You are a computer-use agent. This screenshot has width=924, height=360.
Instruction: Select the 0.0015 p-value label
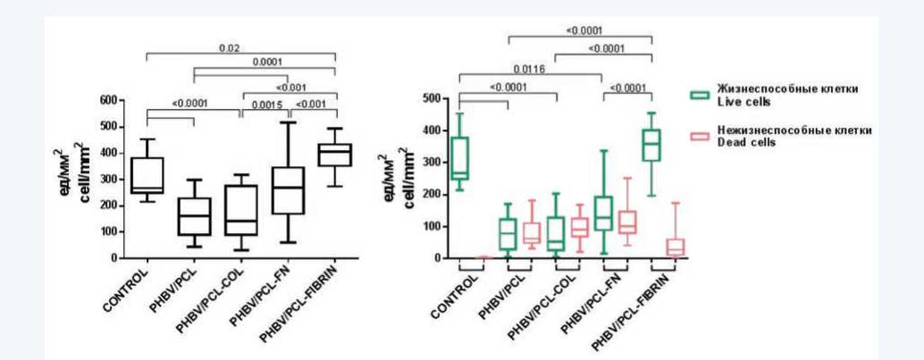click(265, 105)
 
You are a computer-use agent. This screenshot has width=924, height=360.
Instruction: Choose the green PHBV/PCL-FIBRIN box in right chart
click(652, 145)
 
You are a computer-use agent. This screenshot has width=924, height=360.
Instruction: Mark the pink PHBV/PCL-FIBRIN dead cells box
click(676, 247)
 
